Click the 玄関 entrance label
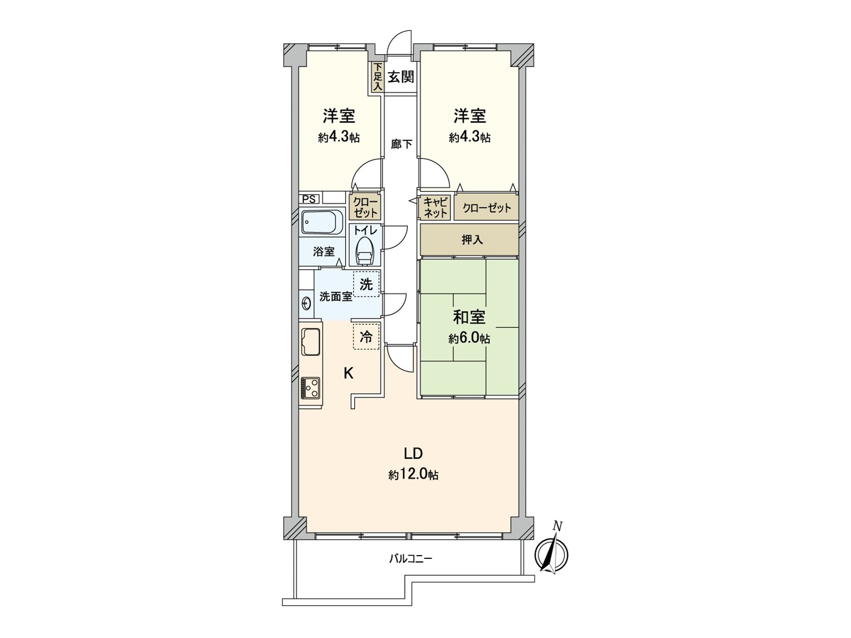[x=401, y=77]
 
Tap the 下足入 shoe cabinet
[x=377, y=78]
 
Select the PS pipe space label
[x=308, y=199]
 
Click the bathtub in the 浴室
[x=321, y=222]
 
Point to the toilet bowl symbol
[x=365, y=250]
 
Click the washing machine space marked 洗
[x=366, y=284]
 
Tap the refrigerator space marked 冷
[x=366, y=337]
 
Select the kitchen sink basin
[x=310, y=341]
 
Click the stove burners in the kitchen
[x=310, y=388]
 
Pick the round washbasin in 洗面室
[x=306, y=304]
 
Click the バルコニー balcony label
[x=410, y=559]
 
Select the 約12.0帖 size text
[x=413, y=475]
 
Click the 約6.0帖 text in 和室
[x=469, y=339]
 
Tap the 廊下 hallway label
[x=401, y=144]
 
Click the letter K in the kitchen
[x=348, y=373]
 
